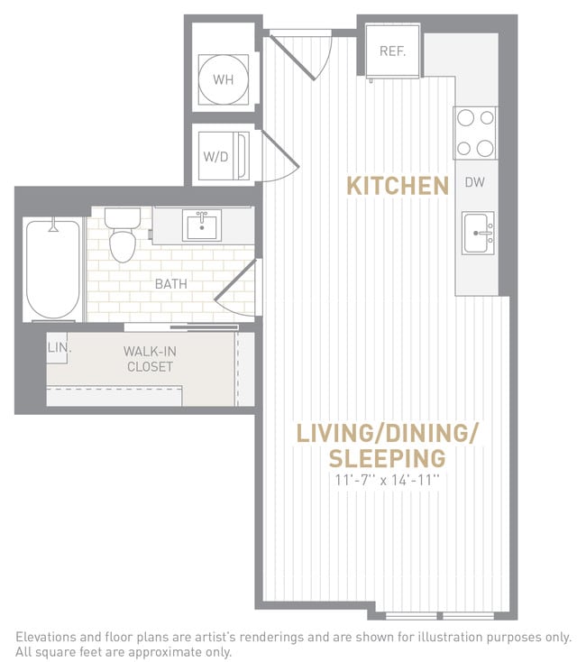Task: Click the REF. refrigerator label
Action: click(x=392, y=51)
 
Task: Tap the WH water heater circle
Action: click(x=223, y=79)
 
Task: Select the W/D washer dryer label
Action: click(x=215, y=157)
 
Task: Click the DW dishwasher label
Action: click(x=475, y=182)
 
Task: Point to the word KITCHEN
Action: click(x=398, y=187)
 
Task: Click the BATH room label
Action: click(x=170, y=284)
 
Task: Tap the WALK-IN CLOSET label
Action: click(x=150, y=359)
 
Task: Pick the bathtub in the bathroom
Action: click(x=52, y=269)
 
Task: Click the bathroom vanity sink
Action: click(x=203, y=225)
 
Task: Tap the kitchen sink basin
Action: click(x=478, y=234)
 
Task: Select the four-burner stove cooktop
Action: click(x=475, y=133)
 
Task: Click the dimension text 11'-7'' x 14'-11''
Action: click(x=386, y=480)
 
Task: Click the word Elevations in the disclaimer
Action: click(x=48, y=637)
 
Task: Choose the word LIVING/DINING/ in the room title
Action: click(x=387, y=433)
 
